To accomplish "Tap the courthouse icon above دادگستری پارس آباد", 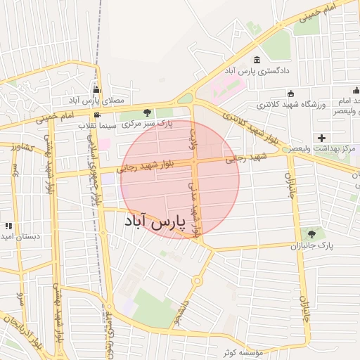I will [255, 59].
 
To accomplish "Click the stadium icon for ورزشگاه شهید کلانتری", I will [290, 94].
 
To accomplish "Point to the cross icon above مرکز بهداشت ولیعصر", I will [322, 137].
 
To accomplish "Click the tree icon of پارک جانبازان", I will [311, 234].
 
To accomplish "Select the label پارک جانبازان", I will [310, 247].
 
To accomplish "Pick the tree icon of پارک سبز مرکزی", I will [147, 112].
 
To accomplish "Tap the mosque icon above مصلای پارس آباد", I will [96, 90].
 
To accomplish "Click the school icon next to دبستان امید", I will [8, 226].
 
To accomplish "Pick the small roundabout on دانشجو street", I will [197, 281].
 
